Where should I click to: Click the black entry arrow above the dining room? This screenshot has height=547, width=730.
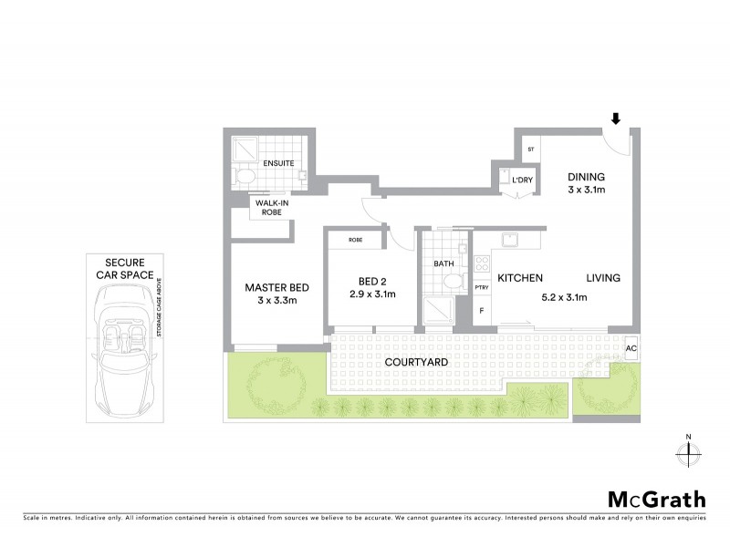[616, 119]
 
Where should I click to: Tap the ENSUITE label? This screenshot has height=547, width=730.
[278, 162]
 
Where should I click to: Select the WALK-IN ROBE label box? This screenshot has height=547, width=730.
[272, 207]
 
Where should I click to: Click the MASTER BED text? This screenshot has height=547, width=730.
[273, 288]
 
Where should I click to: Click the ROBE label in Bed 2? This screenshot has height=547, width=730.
[356, 241]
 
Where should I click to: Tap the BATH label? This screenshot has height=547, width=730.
[443, 263]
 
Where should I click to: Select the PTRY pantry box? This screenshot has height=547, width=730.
[482, 288]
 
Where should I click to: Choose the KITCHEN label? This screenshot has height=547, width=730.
[520, 278]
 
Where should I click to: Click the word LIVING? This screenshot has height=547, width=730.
[603, 278]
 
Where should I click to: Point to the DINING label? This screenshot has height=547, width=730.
[587, 177]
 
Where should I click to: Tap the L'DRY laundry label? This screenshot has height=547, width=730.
[522, 181]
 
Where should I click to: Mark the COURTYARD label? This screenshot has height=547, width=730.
[416, 362]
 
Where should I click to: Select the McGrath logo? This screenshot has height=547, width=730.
[656, 499]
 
